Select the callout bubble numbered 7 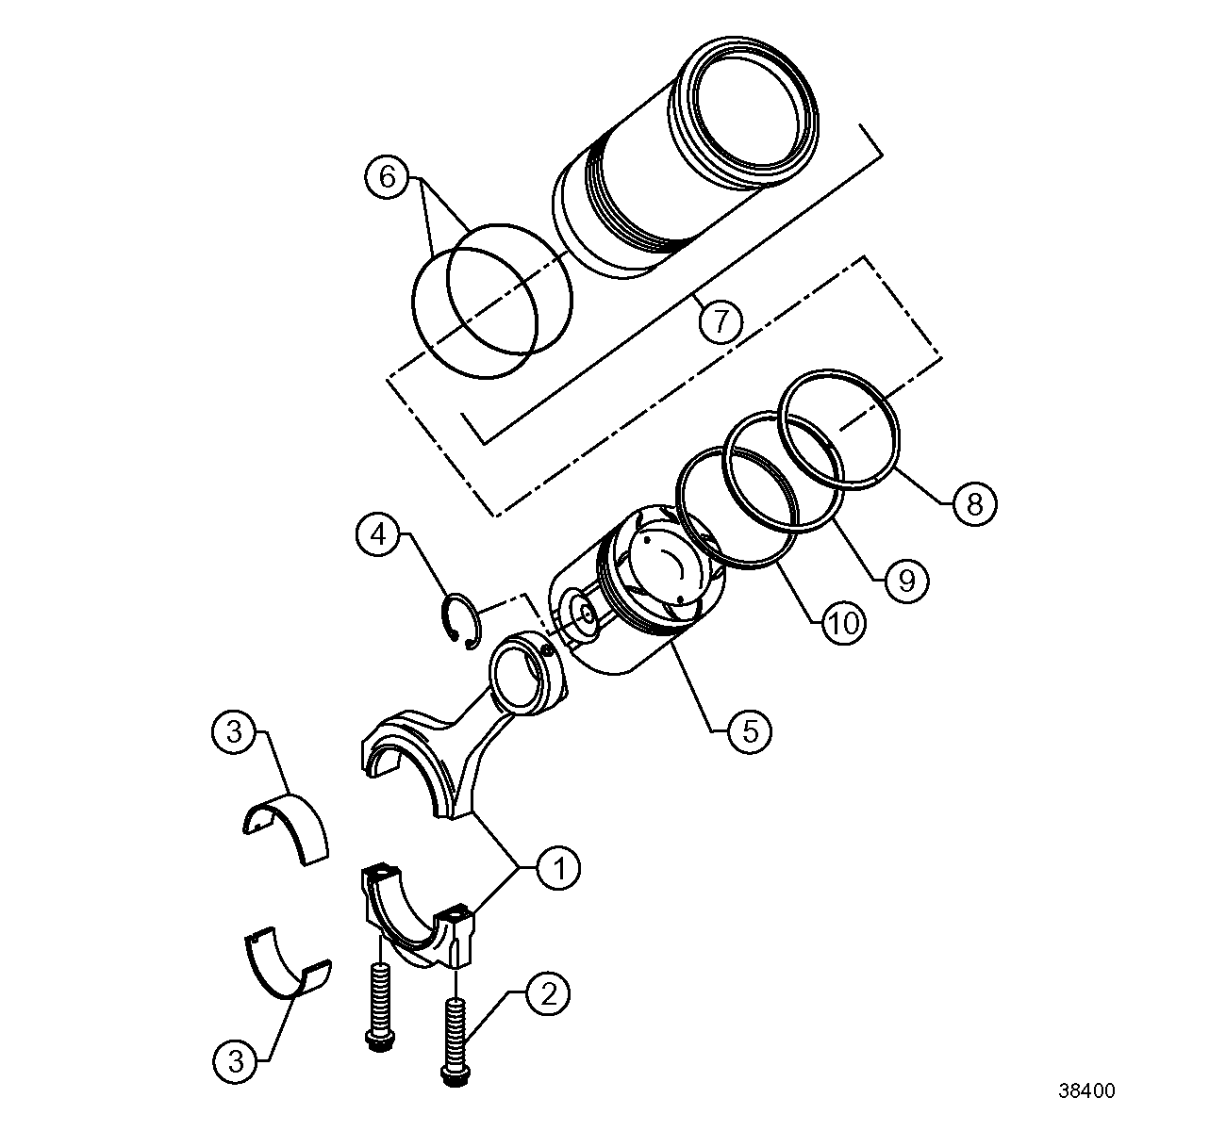(x=721, y=322)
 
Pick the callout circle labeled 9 (x=905, y=580)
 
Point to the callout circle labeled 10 (x=842, y=622)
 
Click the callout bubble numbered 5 (x=750, y=730)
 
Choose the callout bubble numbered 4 (x=378, y=535)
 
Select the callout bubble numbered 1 (x=558, y=868)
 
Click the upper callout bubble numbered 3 (x=235, y=732)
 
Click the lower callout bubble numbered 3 (x=235, y=1062)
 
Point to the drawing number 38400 (x=1086, y=1091)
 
